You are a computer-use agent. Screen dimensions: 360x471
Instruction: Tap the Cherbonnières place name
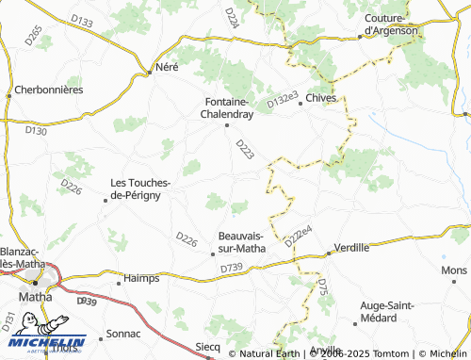point(49,90)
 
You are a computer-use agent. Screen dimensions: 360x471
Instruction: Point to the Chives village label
point(320,97)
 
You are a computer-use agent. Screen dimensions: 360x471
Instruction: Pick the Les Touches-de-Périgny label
point(140,188)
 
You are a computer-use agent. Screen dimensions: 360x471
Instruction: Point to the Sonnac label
point(122,334)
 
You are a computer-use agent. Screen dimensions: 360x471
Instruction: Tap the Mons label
point(453,270)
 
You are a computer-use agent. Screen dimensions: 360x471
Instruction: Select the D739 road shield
point(231,270)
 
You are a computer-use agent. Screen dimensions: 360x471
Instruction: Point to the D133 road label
point(82,22)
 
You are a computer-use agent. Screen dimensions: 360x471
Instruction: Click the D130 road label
point(36,131)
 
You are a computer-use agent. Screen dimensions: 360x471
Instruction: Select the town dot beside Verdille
point(329,253)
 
